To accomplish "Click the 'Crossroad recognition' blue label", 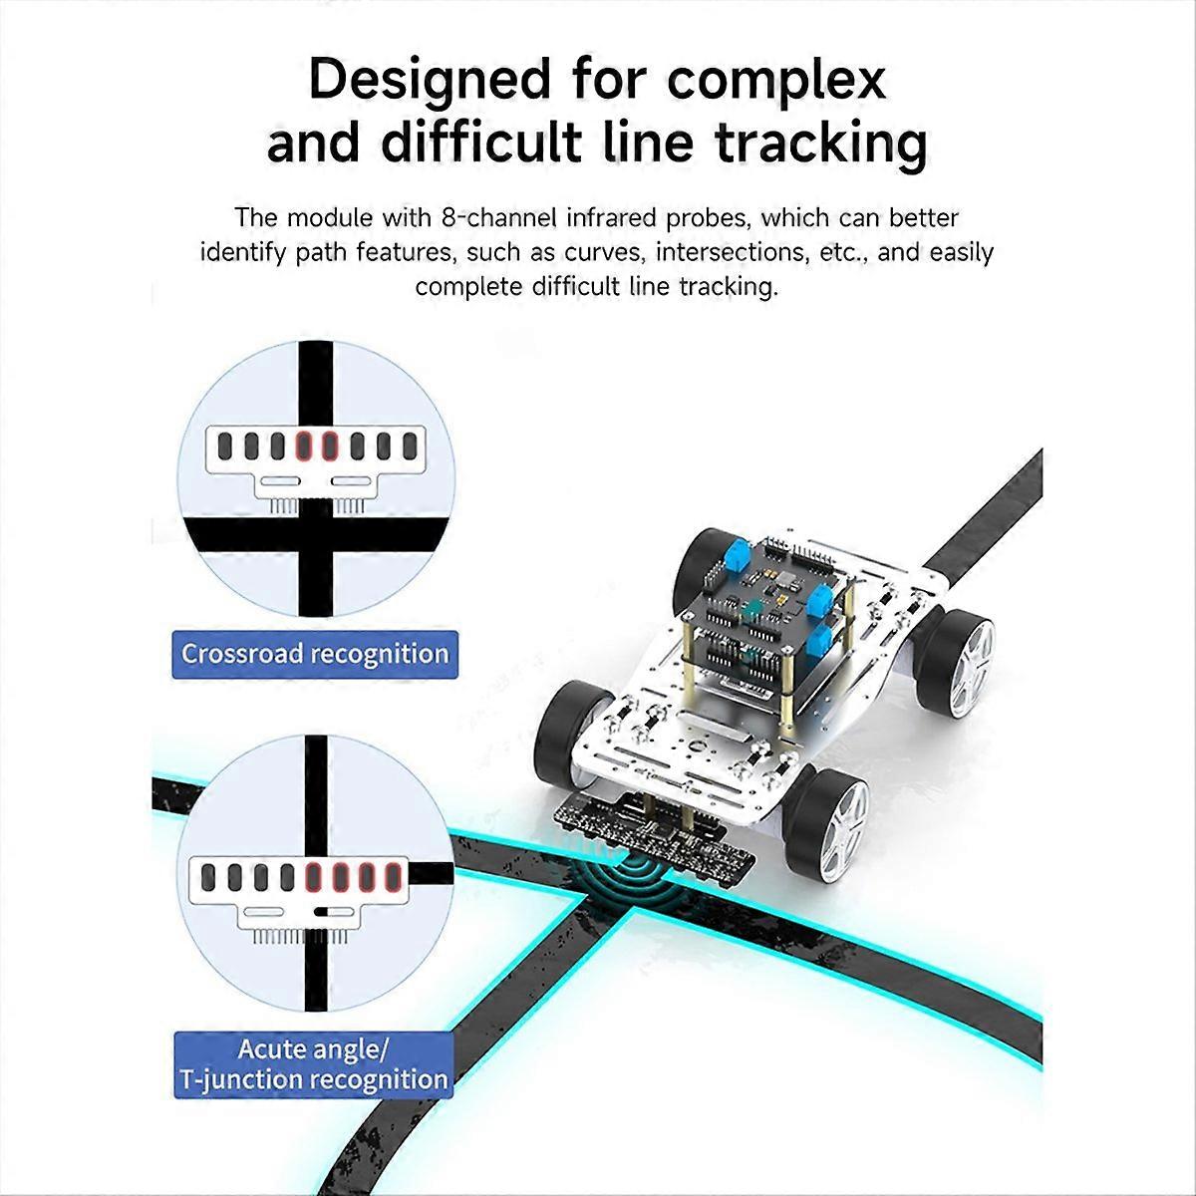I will tap(315, 655).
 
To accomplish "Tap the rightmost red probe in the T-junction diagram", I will tap(392, 878).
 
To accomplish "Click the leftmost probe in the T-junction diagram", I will tap(209, 878).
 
